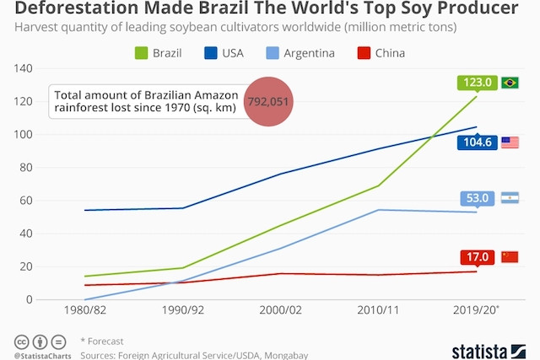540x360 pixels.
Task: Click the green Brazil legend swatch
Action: coord(141,53)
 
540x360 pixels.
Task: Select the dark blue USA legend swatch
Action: coord(210,53)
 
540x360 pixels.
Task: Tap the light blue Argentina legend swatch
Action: coord(273,53)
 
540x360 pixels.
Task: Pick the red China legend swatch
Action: coord(364,53)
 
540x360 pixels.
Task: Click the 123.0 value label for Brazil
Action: coord(478,83)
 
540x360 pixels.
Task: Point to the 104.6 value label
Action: coord(478,142)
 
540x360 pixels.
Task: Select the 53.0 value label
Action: coord(478,198)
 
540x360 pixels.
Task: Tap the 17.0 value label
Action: coord(478,257)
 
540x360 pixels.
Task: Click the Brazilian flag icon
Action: coord(510,83)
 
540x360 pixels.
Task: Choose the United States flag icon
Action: coord(510,142)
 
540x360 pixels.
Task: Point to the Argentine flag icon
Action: coord(510,198)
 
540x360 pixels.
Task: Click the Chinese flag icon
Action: coord(510,257)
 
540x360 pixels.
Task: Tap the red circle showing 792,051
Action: coord(268,101)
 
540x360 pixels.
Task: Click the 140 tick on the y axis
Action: coord(24,68)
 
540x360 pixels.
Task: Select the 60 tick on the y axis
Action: coord(26,201)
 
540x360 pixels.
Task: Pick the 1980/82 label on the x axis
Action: coord(85,310)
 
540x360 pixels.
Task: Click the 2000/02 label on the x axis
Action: coord(281,310)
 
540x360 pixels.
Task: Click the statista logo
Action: coord(489,352)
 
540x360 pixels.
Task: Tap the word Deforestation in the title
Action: coord(76,8)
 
